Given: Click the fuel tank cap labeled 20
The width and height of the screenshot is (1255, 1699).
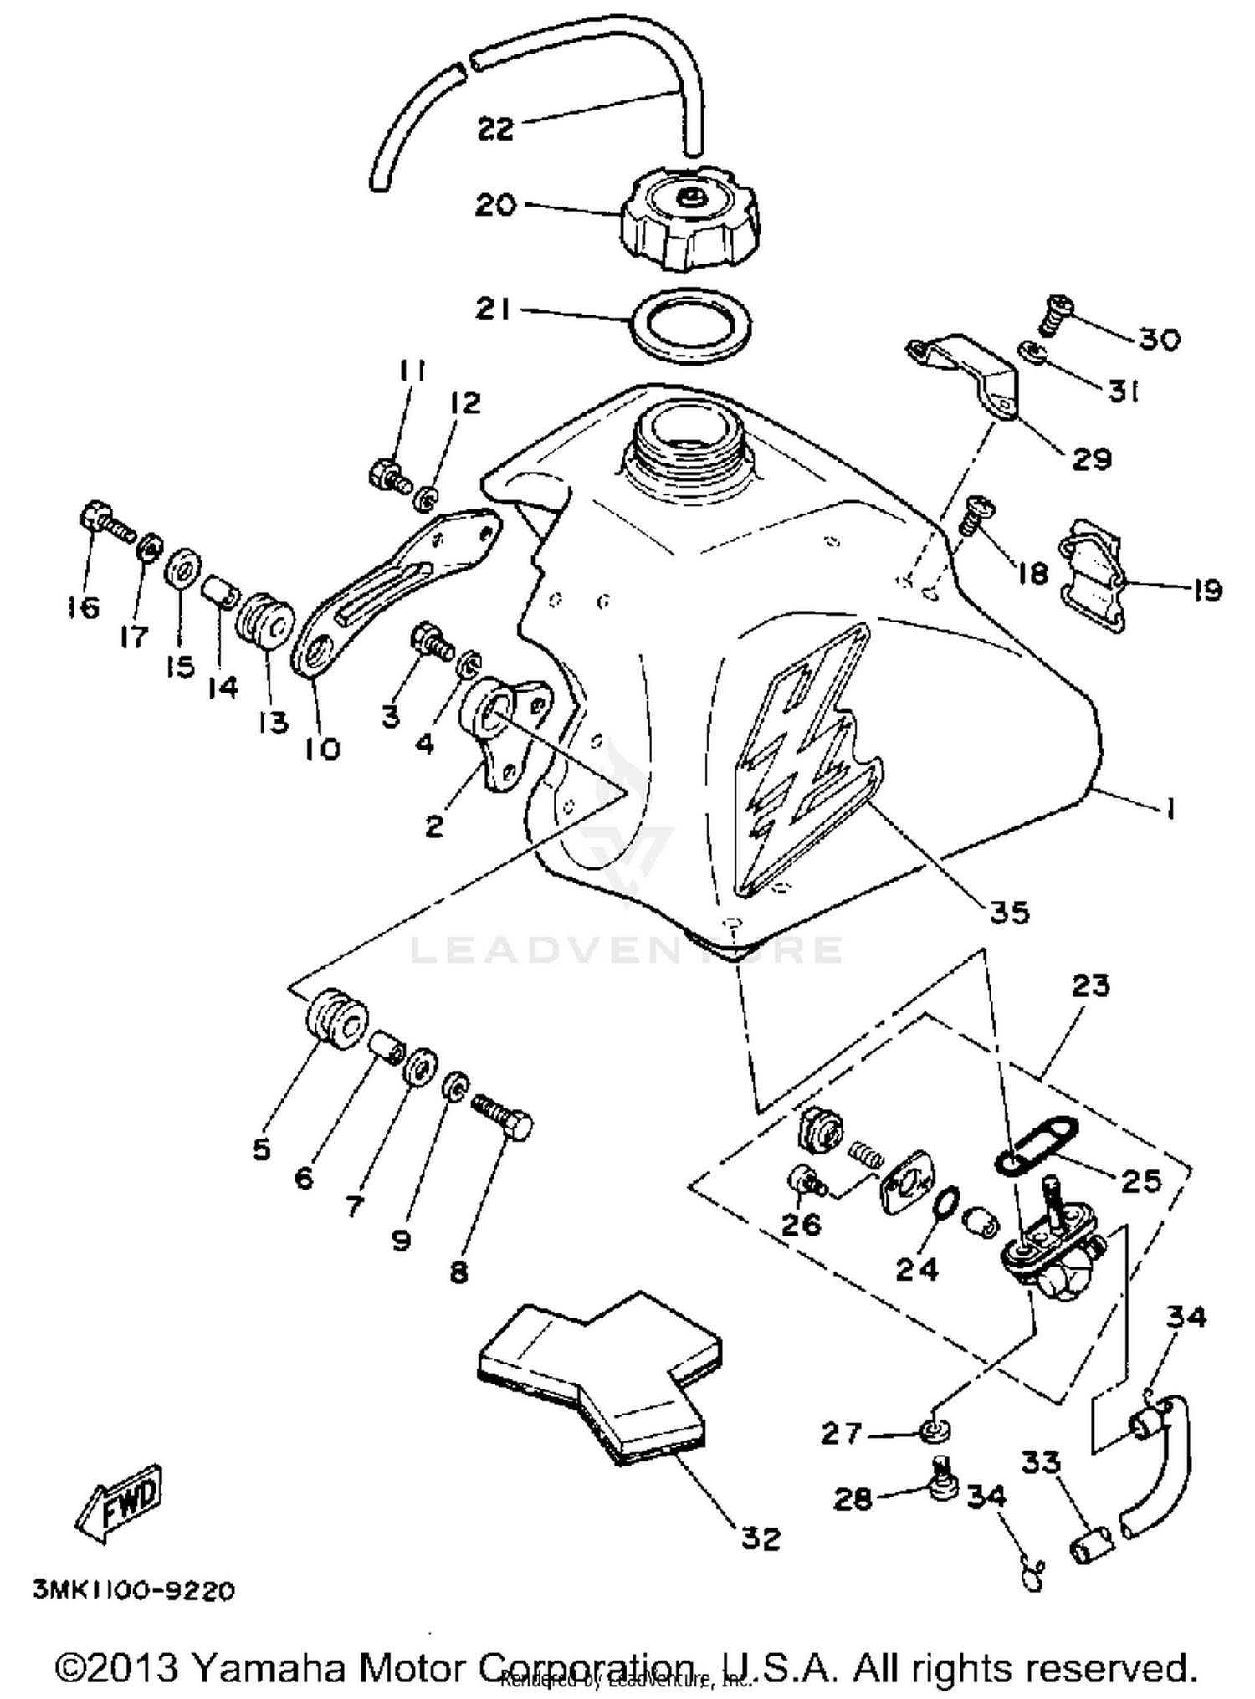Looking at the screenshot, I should tap(689, 216).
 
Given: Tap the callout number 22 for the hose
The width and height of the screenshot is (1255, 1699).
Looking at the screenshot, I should tap(495, 130).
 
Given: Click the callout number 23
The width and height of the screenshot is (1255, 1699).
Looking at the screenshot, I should tap(1089, 985).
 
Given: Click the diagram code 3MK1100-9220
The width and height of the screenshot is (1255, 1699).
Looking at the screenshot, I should tap(134, 1589).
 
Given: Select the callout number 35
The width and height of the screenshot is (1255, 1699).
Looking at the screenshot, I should tap(1009, 912).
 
